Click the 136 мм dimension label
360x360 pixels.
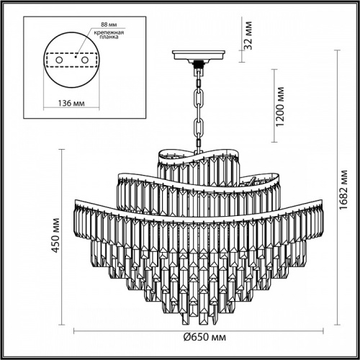pos(69,104)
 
